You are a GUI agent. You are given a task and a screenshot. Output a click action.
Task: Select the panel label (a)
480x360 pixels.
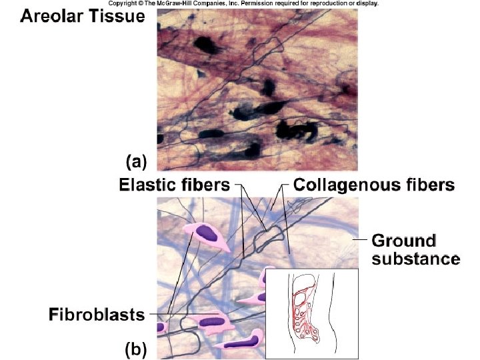[x=135, y=161]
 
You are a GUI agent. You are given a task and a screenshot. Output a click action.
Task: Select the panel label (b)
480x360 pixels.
[x=135, y=348]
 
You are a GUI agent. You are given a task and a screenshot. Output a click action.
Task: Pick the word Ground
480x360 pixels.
[x=403, y=240]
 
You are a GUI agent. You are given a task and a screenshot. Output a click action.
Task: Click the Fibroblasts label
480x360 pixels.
[x=96, y=313]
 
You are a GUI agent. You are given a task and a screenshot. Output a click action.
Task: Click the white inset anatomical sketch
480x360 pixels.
[x=312, y=313]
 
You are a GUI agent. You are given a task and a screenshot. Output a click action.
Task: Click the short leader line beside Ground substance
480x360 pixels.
[x=360, y=239]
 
